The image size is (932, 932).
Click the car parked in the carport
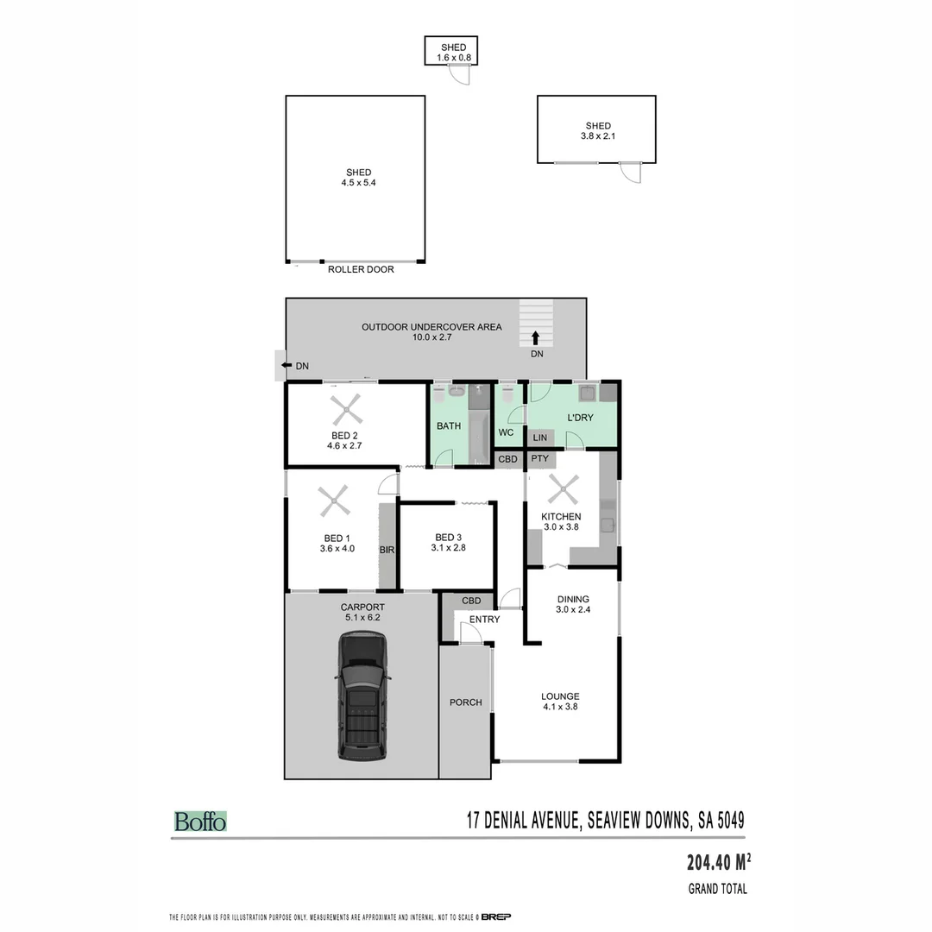click(362, 696)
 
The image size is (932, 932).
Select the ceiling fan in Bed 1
click(334, 500)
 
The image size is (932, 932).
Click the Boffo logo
click(200, 822)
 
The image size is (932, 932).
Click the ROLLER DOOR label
click(361, 270)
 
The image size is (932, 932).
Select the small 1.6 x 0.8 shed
click(451, 52)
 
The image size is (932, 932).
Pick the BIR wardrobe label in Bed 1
click(387, 548)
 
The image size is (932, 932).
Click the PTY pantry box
click(540, 459)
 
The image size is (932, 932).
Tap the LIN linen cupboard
click(540, 438)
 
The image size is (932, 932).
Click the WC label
click(507, 432)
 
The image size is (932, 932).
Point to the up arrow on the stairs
click(536, 337)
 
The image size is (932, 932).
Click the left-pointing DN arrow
click(286, 366)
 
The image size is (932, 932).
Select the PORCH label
click(465, 702)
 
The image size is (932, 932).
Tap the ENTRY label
click(484, 620)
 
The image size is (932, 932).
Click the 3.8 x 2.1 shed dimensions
click(597, 136)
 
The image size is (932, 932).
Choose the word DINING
click(573, 599)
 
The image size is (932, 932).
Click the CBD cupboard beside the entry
click(471, 601)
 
